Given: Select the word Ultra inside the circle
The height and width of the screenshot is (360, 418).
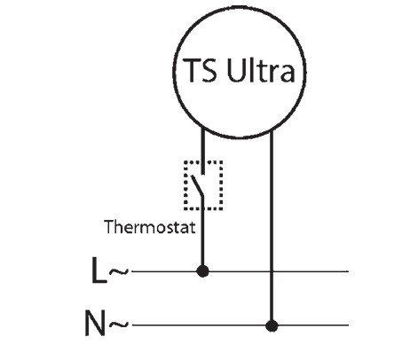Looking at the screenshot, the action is [261, 70].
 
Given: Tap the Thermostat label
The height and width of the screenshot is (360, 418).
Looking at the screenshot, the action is [150, 227].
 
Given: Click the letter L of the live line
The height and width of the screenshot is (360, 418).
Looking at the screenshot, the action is [99, 270].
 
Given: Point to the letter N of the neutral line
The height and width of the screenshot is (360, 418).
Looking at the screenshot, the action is [95, 323].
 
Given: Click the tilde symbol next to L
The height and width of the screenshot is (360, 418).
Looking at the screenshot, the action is [119, 271].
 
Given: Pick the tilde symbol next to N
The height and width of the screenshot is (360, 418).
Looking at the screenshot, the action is [119, 325].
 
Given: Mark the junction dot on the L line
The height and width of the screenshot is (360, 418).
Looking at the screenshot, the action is [202, 271].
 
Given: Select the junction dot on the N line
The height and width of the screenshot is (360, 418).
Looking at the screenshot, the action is [272, 325].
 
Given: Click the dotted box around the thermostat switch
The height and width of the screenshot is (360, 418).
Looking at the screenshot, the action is [185, 185].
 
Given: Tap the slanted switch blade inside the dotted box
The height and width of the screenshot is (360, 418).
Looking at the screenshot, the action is [197, 185].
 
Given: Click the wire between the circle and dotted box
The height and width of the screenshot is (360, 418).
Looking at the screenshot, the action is [203, 150].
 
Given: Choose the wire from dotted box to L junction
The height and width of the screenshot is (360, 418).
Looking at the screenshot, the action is [202, 233].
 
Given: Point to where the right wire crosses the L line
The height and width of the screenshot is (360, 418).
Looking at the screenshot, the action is [272, 271].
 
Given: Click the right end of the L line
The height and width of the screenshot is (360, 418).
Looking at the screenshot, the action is [348, 271].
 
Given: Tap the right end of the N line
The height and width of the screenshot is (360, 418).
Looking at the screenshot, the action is [348, 325].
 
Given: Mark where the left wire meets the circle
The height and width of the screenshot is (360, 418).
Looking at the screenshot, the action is [203, 127].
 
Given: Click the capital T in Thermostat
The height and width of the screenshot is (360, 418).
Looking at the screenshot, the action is [109, 227].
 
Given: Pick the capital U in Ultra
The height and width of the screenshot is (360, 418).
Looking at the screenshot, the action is [235, 70].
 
